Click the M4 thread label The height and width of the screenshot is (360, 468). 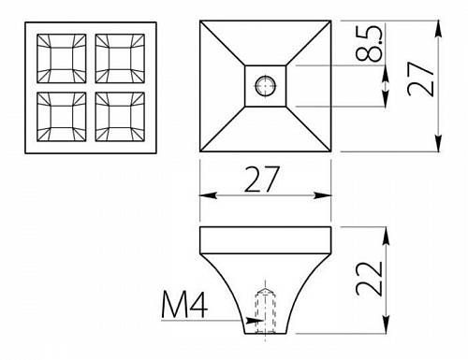pos(184,306)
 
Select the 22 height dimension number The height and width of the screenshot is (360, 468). pos(369,279)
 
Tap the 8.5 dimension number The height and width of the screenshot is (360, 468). pos(369,43)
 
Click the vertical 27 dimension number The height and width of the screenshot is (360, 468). pos(421,79)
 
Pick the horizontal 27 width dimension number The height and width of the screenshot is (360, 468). pos(261,180)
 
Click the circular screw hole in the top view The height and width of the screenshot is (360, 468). pos(266,85)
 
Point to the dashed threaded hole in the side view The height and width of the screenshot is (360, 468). pos(266,310)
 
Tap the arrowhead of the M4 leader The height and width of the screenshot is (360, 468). pos(255,320)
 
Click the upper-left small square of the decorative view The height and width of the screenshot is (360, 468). pos(62,59)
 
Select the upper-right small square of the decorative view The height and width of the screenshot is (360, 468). pos(120,59)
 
